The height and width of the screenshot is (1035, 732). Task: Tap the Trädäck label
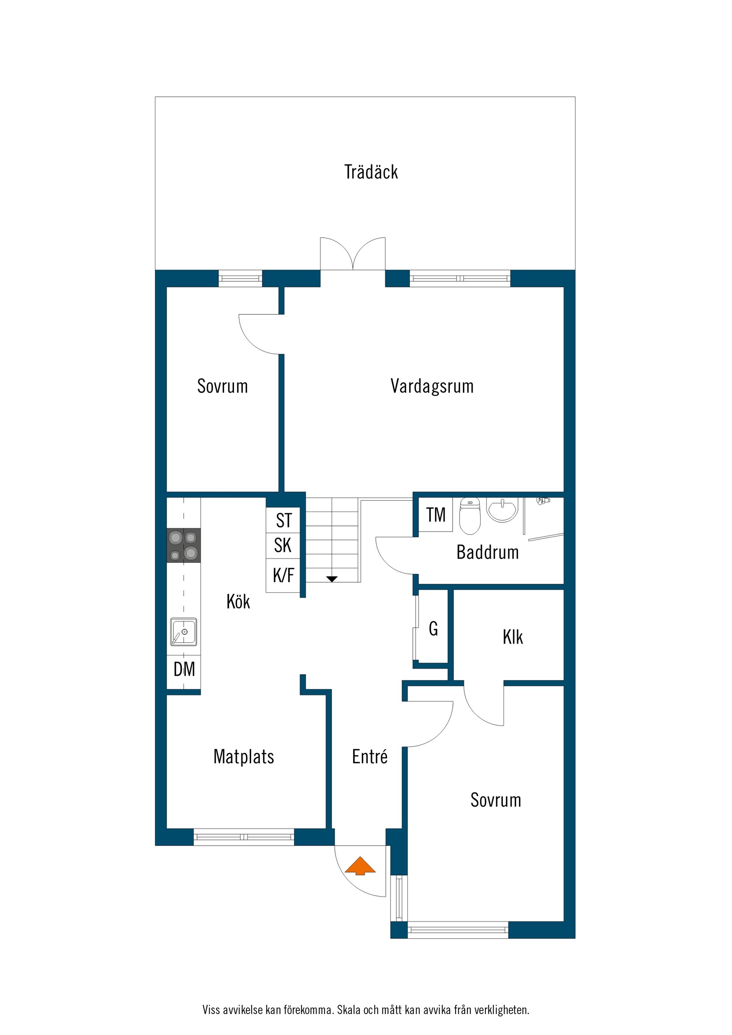click(371, 172)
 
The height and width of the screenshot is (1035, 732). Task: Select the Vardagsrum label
click(432, 386)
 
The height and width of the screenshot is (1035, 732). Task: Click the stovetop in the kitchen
click(183, 545)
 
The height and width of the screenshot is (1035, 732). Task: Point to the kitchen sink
click(183, 632)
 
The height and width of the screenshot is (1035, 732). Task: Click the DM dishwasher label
click(185, 670)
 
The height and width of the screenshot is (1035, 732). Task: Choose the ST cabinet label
click(284, 521)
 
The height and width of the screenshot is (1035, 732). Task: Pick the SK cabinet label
click(283, 545)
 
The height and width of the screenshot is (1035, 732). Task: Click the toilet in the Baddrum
click(470, 516)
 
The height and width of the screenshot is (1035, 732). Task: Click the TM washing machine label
click(436, 515)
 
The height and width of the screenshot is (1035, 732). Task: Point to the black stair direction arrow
click(332, 579)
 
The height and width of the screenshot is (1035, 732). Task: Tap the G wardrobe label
click(433, 628)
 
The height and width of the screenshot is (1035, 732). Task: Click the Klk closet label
click(513, 638)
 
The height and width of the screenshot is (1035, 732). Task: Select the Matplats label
click(244, 756)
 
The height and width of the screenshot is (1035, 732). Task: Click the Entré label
click(370, 756)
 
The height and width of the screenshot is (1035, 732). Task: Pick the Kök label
click(238, 601)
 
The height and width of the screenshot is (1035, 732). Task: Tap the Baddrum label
click(488, 552)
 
